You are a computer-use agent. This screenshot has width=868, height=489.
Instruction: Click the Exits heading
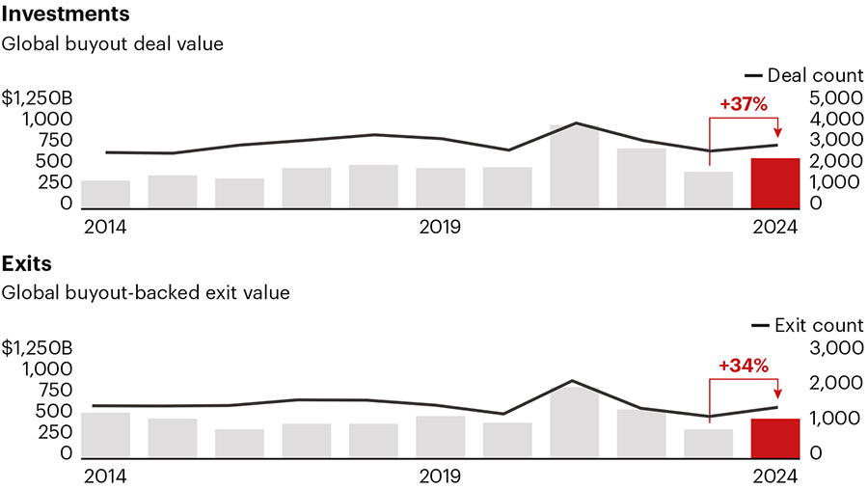tap(27, 263)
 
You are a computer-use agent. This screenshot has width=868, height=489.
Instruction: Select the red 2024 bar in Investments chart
tap(774, 182)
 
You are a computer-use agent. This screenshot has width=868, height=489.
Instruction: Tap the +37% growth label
tap(744, 104)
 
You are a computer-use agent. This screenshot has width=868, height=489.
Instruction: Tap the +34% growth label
tap(744, 366)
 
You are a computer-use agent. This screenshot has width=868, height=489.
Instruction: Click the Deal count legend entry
tap(803, 75)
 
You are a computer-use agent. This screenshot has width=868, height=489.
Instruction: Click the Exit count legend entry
tap(807, 325)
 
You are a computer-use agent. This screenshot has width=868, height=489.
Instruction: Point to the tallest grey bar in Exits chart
tap(574, 422)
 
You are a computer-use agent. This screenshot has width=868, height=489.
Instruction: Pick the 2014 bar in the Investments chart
tap(105, 194)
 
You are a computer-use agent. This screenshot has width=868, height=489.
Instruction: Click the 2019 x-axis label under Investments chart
tap(440, 228)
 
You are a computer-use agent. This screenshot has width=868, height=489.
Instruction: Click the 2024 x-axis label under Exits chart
tap(775, 476)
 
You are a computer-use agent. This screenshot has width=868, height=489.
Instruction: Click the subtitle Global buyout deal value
tap(112, 44)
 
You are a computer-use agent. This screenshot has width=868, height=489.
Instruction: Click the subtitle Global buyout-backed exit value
tap(146, 292)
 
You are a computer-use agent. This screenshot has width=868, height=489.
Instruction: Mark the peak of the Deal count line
tap(575, 123)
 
